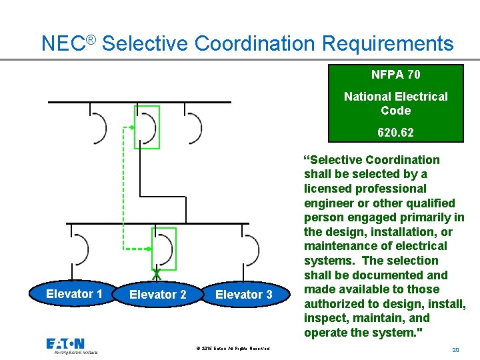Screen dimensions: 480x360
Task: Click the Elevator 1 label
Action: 74,294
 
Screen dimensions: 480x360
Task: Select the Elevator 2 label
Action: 157,294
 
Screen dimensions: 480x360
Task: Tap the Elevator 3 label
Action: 243,294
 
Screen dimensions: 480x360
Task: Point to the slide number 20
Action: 456,349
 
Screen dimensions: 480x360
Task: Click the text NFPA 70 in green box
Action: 395,75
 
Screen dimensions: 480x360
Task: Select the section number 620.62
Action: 395,133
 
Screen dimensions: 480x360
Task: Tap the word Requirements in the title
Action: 387,43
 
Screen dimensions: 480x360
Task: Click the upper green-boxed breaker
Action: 147,127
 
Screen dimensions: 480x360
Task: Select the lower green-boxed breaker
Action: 163,249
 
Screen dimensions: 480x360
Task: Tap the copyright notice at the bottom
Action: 233,349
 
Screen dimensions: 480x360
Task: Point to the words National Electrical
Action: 395,97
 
